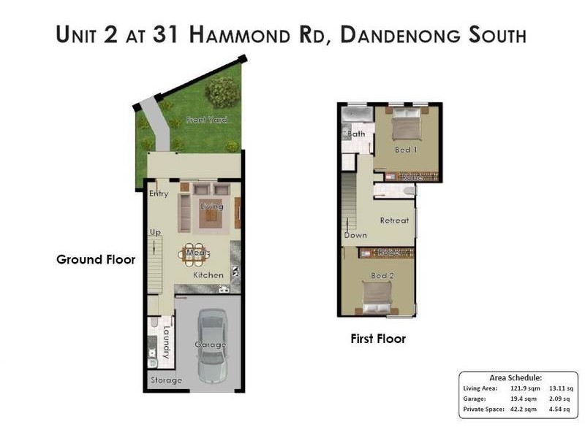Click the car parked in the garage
(211, 345)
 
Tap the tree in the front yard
(221, 93)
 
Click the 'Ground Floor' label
(96, 259)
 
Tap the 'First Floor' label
(377, 339)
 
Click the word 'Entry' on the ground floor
(159, 193)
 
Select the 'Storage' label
(166, 380)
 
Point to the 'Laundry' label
(166, 342)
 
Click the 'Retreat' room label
(394, 220)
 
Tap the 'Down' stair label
(356, 236)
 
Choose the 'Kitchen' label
(208, 275)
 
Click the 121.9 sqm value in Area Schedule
(524, 388)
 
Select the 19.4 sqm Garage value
(524, 399)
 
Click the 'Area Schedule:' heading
(516, 377)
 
